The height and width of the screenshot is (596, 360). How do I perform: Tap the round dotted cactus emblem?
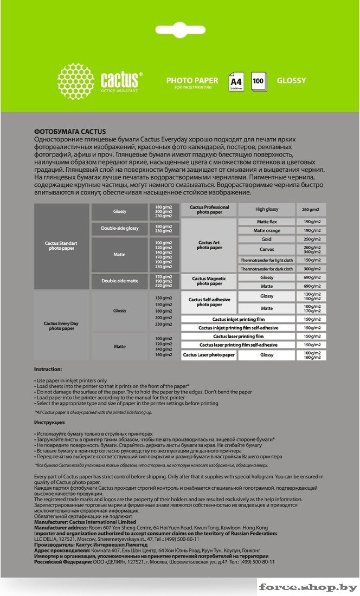75,80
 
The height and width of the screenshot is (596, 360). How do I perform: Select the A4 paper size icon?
236,81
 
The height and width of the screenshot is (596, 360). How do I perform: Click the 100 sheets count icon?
258,81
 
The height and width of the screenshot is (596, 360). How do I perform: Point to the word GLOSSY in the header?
291,81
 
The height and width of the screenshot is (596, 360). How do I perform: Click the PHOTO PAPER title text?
192,80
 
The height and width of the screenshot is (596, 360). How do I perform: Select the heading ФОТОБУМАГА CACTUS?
69,131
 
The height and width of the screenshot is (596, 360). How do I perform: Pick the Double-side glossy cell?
120,229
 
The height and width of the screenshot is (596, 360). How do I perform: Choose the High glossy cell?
267,210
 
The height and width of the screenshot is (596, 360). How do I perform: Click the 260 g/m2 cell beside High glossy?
311,210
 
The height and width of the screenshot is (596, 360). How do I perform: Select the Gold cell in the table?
266,239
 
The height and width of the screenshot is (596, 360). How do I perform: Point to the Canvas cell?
266,249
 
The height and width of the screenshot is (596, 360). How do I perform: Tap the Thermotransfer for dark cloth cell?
266,269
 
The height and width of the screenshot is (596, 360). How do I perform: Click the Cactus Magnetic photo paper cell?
209,281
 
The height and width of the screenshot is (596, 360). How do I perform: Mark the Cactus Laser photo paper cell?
209,355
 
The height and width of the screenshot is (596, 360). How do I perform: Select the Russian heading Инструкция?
49,422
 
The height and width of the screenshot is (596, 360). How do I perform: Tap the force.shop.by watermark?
307,587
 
